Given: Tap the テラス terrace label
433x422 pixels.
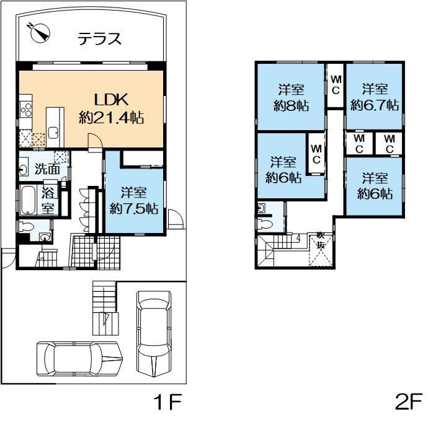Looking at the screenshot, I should pos(99,40).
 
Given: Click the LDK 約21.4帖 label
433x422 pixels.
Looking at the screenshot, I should pos(111,108).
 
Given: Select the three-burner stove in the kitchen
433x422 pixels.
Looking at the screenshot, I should pos(26,110).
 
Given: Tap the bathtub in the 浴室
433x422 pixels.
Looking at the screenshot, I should pos(28,200).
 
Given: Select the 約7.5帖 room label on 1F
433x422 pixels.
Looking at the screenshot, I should pos(135,200).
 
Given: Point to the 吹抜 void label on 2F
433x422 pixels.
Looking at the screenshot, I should pos(321,240).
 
